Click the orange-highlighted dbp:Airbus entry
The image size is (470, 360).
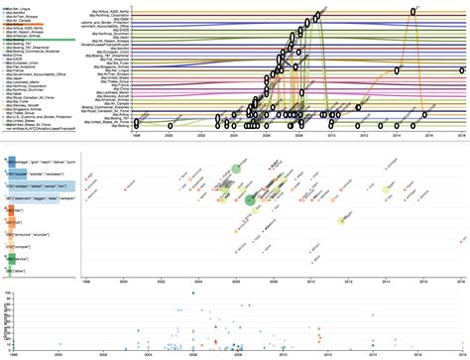tap(42, 32)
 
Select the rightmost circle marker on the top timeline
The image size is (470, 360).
tap(461, 69)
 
